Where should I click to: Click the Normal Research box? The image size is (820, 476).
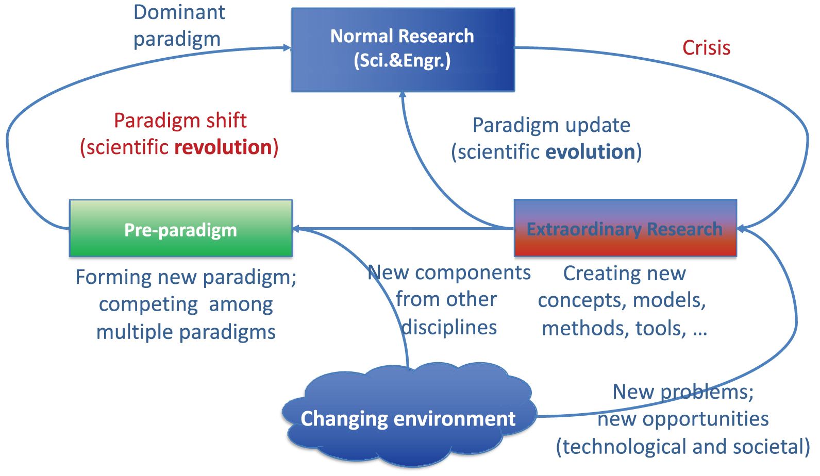[403, 50]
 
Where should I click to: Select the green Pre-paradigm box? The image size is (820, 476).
[181, 228]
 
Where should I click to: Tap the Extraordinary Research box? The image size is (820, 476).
[625, 228]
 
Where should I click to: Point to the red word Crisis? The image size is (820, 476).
[707, 48]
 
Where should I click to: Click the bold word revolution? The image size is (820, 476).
[223, 147]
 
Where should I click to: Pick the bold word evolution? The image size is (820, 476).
[591, 152]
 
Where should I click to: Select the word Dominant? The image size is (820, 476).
[179, 12]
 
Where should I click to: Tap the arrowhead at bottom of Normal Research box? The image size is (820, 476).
[403, 95]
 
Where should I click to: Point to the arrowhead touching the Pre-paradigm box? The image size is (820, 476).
[297, 229]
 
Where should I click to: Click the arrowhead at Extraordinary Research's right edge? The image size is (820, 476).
[741, 229]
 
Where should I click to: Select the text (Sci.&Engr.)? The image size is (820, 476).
[402, 60]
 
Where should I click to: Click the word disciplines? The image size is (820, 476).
[449, 327]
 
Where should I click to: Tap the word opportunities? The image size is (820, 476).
[683, 419]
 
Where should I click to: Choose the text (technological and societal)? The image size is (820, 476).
[683, 447]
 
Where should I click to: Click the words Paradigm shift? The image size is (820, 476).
[180, 121]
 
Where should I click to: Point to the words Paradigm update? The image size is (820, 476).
[551, 126]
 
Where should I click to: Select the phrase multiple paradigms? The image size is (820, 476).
[186, 332]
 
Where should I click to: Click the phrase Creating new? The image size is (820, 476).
[624, 274]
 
